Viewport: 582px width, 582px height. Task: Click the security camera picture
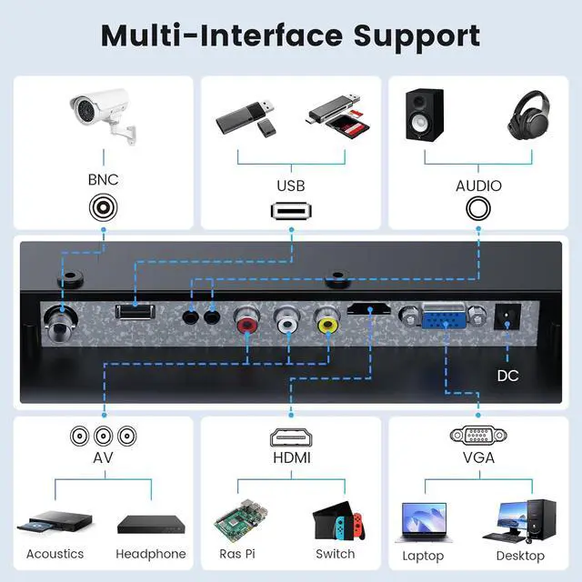tap(103, 114)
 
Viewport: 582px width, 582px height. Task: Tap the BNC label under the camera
tap(103, 180)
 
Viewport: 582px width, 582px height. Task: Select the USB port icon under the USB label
tap(290, 211)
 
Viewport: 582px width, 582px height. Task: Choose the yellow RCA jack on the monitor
tap(326, 320)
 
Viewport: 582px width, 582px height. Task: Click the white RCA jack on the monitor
tap(287, 321)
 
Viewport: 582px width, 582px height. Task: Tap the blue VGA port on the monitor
tap(446, 321)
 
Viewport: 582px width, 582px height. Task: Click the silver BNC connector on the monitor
tap(61, 320)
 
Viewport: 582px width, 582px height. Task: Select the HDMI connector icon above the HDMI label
tap(290, 436)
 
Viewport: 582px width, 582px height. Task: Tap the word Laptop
tap(423, 556)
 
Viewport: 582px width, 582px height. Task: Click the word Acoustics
tap(55, 554)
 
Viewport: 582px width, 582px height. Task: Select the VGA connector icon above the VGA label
tap(477, 436)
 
